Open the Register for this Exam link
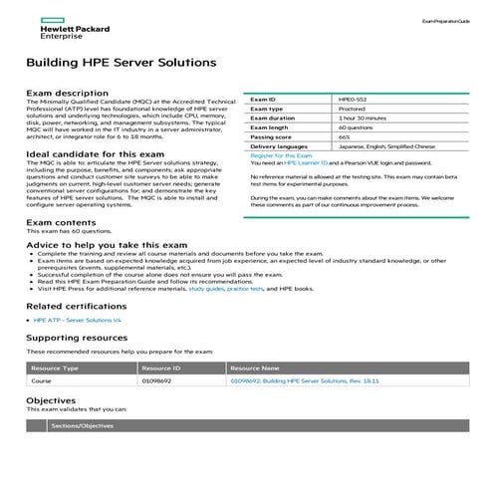(281, 155)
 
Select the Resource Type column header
(57, 369)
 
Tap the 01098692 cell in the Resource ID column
(156, 381)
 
